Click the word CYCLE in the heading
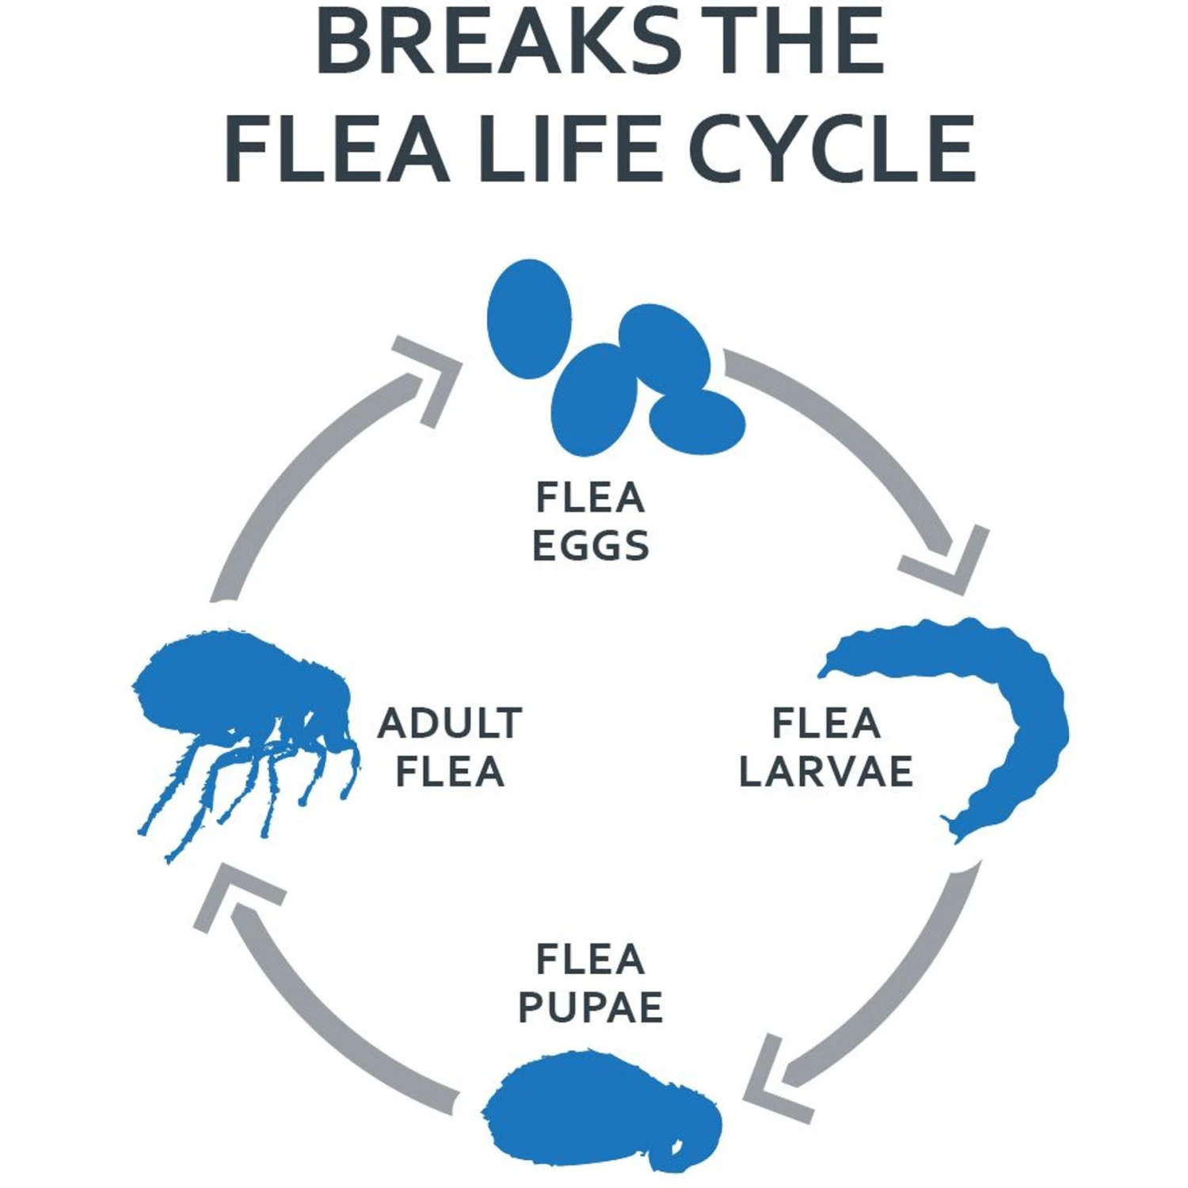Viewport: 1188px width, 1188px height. pyautogui.click(x=832, y=149)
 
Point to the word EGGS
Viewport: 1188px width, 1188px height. pyautogui.click(x=591, y=546)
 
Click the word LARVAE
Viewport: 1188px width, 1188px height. pyautogui.click(x=826, y=772)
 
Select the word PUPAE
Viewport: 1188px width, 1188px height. pyautogui.click(x=591, y=1007)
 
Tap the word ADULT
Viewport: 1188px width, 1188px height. pyautogui.click(x=450, y=723)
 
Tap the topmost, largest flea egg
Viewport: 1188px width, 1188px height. pyautogui.click(x=529, y=318)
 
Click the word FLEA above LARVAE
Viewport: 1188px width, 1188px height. pyautogui.click(x=826, y=723)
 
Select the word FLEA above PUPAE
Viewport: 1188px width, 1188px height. pyautogui.click(x=591, y=959)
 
